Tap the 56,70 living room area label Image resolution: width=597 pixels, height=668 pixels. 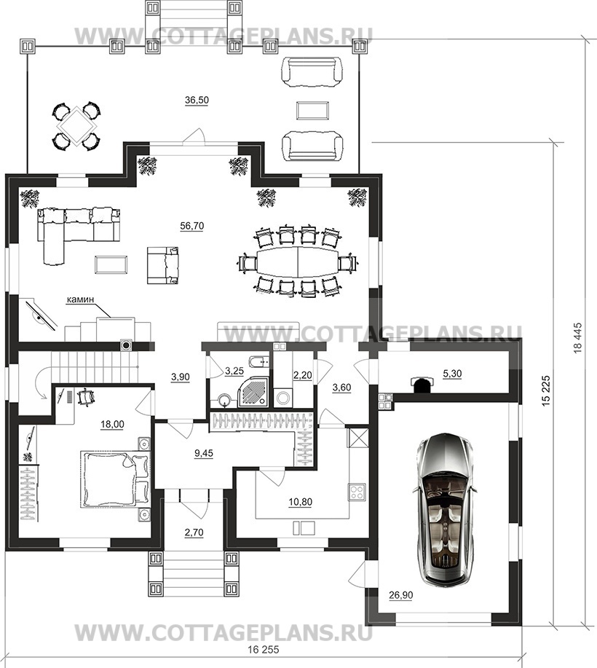(x=192, y=226)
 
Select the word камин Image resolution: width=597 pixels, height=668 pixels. (x=80, y=300)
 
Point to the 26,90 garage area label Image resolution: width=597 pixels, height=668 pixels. (x=401, y=594)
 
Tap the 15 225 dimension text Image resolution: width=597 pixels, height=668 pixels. (x=547, y=391)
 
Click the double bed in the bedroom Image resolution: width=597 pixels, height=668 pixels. (x=116, y=479)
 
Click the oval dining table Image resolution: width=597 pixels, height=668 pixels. (x=297, y=261)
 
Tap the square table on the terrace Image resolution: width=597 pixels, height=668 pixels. (x=76, y=126)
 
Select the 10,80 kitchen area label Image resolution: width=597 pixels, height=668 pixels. (x=300, y=502)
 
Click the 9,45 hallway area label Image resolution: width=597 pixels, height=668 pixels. (x=204, y=453)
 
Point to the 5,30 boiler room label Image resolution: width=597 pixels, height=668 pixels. (x=452, y=374)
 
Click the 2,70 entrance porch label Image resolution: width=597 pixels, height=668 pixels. (x=194, y=532)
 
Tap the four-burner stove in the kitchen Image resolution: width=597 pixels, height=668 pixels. (x=357, y=492)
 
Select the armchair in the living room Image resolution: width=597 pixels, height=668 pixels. (x=163, y=265)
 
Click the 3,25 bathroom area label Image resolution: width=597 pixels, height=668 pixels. (x=234, y=371)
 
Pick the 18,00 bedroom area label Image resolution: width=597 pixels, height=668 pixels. (x=112, y=424)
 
